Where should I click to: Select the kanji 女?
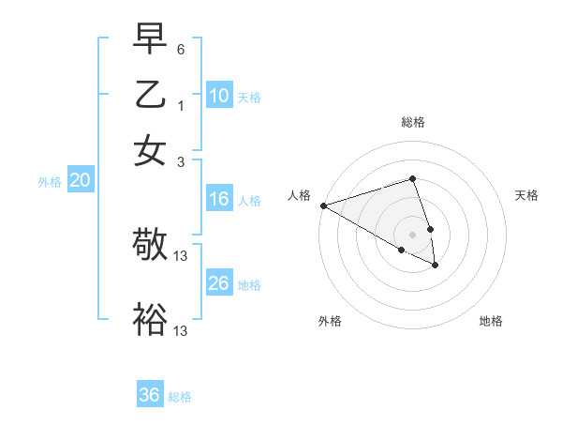150,150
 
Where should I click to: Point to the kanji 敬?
150,246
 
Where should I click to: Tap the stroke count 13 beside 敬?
182,256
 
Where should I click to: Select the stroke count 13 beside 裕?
182,330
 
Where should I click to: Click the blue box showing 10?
219,96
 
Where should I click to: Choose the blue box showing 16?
219,199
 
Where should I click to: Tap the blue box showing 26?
219,283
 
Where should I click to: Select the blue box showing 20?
80,181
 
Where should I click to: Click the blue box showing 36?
150,395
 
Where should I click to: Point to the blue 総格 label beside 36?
180,397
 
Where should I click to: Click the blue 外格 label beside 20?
50,182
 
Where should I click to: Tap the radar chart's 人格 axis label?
300,195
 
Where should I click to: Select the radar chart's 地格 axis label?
491,322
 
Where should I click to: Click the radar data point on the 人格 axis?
323,205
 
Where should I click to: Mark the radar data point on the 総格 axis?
412,178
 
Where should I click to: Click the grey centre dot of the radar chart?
412,234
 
